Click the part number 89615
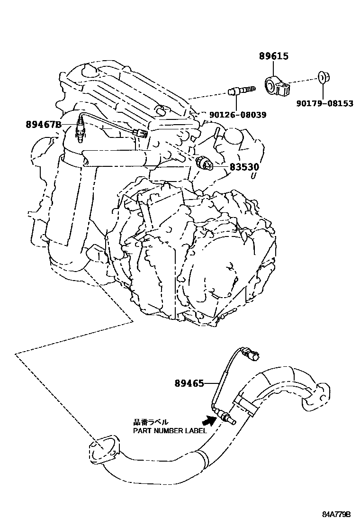[x=274, y=56]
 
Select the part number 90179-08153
[x=325, y=104]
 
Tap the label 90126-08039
[x=237, y=115]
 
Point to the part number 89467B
[x=44, y=125]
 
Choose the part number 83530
[x=244, y=167]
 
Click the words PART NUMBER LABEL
[x=169, y=431]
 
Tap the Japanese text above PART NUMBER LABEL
[x=151, y=422]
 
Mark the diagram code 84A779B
[x=336, y=514]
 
